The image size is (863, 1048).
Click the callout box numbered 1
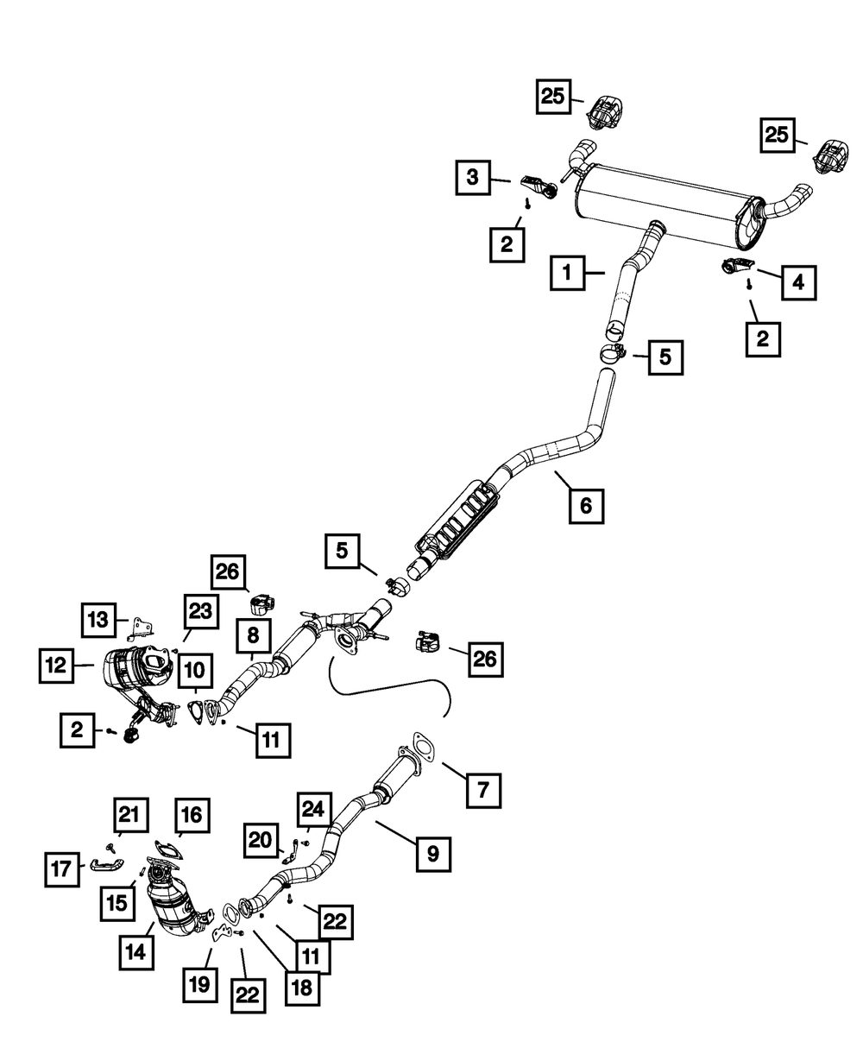pyautogui.click(x=568, y=273)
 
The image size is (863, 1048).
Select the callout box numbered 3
pyautogui.click(x=473, y=177)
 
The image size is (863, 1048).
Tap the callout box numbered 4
pyautogui.click(x=798, y=283)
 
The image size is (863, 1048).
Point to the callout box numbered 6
pyautogui.click(x=586, y=506)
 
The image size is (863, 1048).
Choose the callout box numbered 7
pyautogui.click(x=483, y=790)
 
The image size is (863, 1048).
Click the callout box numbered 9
pyautogui.click(x=433, y=854)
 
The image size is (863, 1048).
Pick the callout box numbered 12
pyautogui.click(x=56, y=666)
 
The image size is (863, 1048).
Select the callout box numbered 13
pyautogui.click(x=98, y=620)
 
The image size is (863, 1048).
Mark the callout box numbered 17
pyautogui.click(x=62, y=869)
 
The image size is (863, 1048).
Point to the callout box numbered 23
pyautogui.click(x=201, y=611)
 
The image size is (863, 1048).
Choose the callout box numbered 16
pyautogui.click(x=192, y=815)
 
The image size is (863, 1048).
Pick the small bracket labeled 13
pyautogui.click(x=140, y=629)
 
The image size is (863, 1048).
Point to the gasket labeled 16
pyautogui.click(x=168, y=849)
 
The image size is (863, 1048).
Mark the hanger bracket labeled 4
pyautogui.click(x=738, y=266)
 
